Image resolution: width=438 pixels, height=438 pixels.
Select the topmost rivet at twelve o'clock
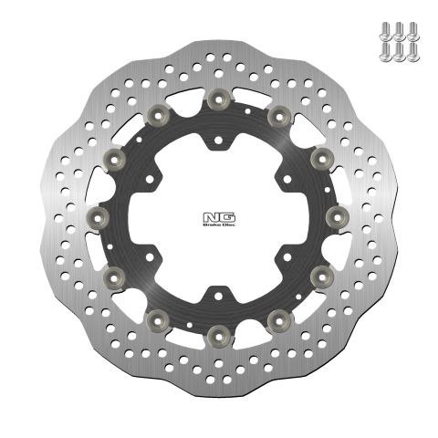(x=219, y=98)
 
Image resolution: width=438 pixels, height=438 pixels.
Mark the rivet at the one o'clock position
(x=278, y=113)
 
